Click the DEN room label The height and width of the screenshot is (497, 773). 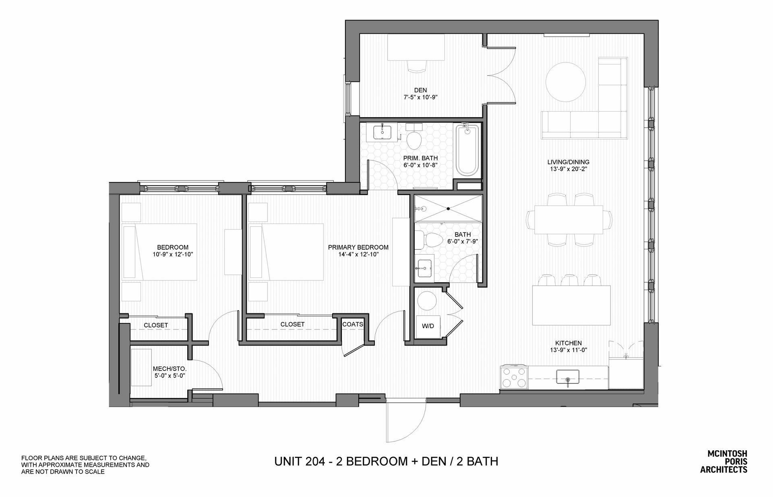pyautogui.click(x=421, y=90)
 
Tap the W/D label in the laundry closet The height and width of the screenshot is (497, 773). pyautogui.click(x=428, y=326)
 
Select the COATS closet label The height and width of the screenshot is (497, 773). pyautogui.click(x=353, y=324)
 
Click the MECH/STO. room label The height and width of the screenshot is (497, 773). pyautogui.click(x=169, y=369)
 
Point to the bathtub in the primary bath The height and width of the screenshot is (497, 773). pyautogui.click(x=467, y=150)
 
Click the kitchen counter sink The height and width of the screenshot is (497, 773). pyautogui.click(x=568, y=378)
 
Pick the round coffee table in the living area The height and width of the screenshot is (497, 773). pyautogui.click(x=565, y=82)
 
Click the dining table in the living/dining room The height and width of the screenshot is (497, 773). pyautogui.click(x=568, y=220)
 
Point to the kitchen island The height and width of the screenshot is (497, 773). pyautogui.click(x=571, y=305)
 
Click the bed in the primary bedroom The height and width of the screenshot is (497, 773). pyautogui.click(x=286, y=252)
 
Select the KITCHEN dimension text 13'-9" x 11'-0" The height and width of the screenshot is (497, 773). pyautogui.click(x=569, y=350)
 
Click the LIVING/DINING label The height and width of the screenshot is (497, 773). pyautogui.click(x=568, y=162)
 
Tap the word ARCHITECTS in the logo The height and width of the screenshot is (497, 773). pyautogui.click(x=724, y=470)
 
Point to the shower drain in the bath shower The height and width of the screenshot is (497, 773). pyautogui.click(x=448, y=209)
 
